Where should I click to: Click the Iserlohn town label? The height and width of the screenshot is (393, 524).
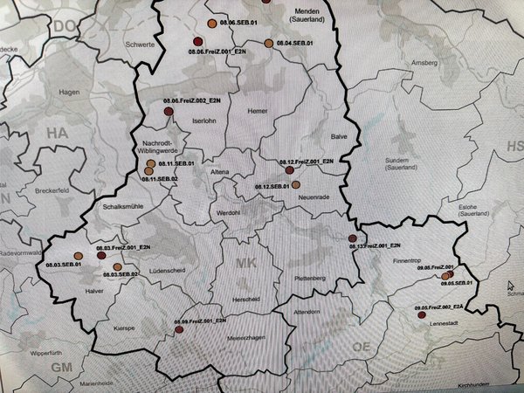click(x=203, y=120)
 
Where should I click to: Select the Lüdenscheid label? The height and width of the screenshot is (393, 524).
click(x=171, y=272)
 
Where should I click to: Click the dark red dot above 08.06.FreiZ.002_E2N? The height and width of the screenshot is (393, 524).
click(x=169, y=111)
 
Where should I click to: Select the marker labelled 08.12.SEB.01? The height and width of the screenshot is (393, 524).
click(x=296, y=184)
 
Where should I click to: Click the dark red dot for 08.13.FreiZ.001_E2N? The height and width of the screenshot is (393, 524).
click(x=353, y=238)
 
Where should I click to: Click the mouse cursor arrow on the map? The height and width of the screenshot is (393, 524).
click(x=512, y=284)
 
